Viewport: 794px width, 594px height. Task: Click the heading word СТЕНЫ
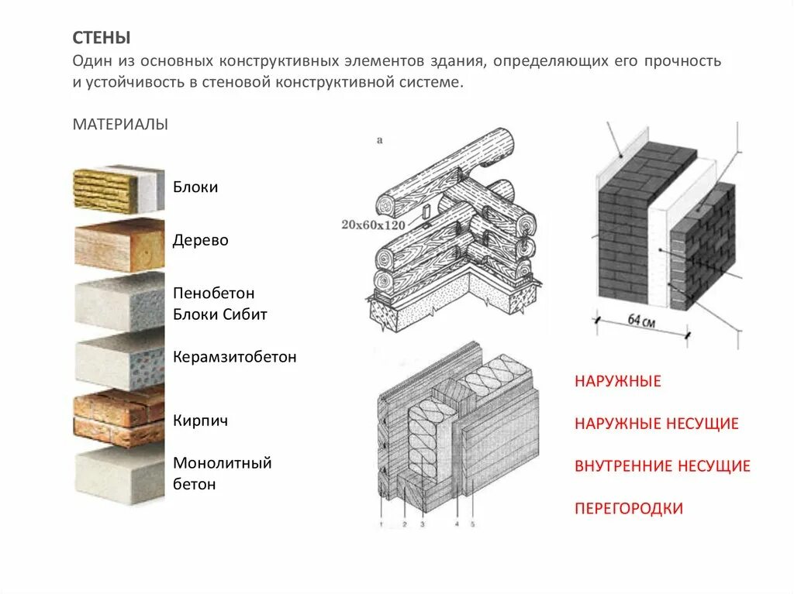[x=102, y=38]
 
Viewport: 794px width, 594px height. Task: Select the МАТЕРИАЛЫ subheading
[x=120, y=125]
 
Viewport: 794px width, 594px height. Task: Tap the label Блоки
[x=195, y=187]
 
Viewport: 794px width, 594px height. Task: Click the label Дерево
[x=201, y=240]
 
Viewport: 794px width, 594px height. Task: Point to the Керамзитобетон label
[x=234, y=358]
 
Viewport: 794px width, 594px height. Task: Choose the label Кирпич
[x=200, y=421]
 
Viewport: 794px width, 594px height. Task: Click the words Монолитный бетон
[x=222, y=474]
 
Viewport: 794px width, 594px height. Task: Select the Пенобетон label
[x=214, y=294]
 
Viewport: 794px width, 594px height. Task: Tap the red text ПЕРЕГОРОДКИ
[x=629, y=509]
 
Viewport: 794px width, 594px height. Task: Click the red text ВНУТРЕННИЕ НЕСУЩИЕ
[x=662, y=466]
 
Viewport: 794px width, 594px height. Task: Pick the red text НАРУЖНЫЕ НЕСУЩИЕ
[x=656, y=424]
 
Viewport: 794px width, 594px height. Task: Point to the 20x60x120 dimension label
[x=372, y=225]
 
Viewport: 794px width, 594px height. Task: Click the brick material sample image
[x=119, y=417]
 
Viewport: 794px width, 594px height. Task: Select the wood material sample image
[x=119, y=244]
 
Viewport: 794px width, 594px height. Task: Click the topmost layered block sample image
[x=119, y=188]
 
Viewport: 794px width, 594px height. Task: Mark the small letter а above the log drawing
[x=379, y=141]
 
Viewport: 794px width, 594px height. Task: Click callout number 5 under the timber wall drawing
[x=471, y=525]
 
